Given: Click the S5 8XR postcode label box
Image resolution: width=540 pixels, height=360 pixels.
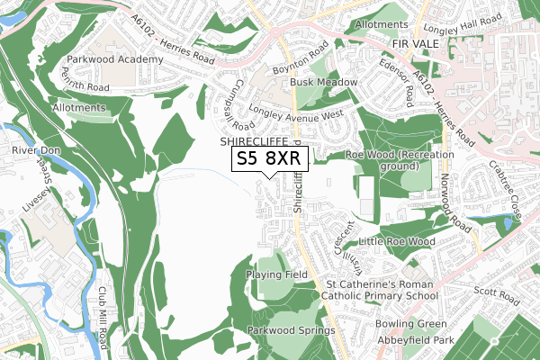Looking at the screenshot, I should [x=271, y=159].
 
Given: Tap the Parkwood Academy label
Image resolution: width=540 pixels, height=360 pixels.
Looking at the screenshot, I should [x=114, y=59].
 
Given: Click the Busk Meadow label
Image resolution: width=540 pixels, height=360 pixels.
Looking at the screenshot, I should [x=323, y=82].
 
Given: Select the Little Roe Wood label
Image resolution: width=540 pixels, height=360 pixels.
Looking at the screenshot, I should [x=396, y=242].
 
